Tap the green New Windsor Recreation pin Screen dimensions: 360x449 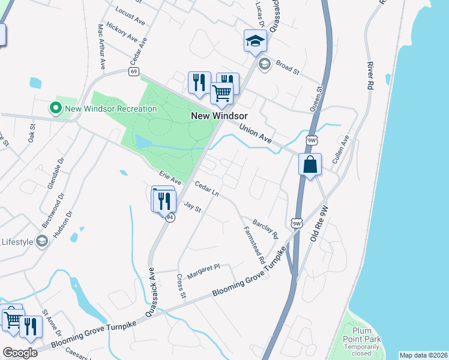pyautogui.click(x=56, y=109)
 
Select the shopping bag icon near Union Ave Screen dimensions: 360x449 pyautogui.click(x=310, y=164)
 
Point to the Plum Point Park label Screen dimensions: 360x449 pyautogui.click(x=366, y=340)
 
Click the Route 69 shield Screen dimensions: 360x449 pyautogui.click(x=133, y=71)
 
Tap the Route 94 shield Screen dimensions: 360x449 pyautogui.click(x=170, y=218)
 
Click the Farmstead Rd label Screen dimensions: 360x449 pyautogui.click(x=253, y=245)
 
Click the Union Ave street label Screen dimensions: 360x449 pyautogui.click(x=256, y=133)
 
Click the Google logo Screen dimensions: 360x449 pyautogui.click(x=20, y=353)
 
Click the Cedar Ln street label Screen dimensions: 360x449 pyautogui.click(x=206, y=190)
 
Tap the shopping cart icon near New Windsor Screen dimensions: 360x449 pyautogui.click(x=222, y=94)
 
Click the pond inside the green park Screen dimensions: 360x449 pyautogui.click(x=143, y=142)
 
